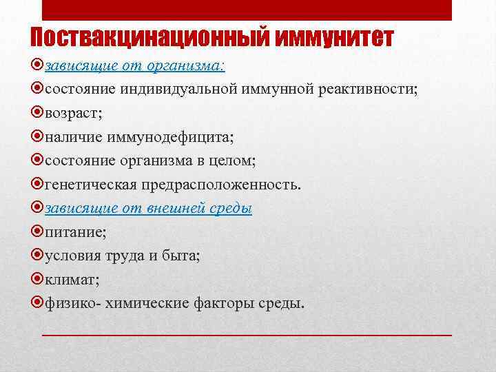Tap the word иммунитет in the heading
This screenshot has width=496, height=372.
(x=333, y=38)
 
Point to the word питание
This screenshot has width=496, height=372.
(x=74, y=232)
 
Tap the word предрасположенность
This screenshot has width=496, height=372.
(x=220, y=185)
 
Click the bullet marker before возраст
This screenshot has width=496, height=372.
(x=38, y=114)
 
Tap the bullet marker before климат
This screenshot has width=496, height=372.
(x=38, y=280)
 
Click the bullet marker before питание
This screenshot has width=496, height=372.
(x=38, y=232)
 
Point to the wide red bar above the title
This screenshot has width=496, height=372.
(x=247, y=10)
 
